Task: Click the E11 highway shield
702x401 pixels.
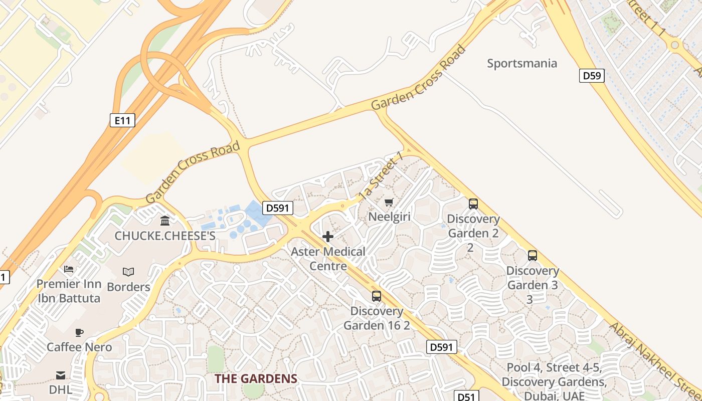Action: (122, 120)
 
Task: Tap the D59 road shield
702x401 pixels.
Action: (592, 76)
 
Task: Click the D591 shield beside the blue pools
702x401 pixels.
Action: (278, 208)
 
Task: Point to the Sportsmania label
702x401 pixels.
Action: (522, 63)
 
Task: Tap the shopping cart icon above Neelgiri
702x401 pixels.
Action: (389, 203)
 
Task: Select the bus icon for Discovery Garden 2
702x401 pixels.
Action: (473, 204)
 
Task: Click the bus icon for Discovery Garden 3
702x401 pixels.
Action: (532, 255)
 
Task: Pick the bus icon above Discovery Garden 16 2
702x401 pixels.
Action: (376, 296)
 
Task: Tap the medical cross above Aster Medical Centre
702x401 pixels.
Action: (328, 237)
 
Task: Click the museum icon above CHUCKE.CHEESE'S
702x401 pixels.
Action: (165, 221)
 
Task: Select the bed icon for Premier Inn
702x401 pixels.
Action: (69, 269)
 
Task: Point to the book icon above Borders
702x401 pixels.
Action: (128, 272)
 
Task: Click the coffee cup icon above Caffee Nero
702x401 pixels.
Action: (79, 332)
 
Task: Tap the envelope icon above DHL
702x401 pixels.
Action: (60, 375)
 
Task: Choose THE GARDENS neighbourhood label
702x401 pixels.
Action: (256, 378)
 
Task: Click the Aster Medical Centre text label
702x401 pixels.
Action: (328, 259)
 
